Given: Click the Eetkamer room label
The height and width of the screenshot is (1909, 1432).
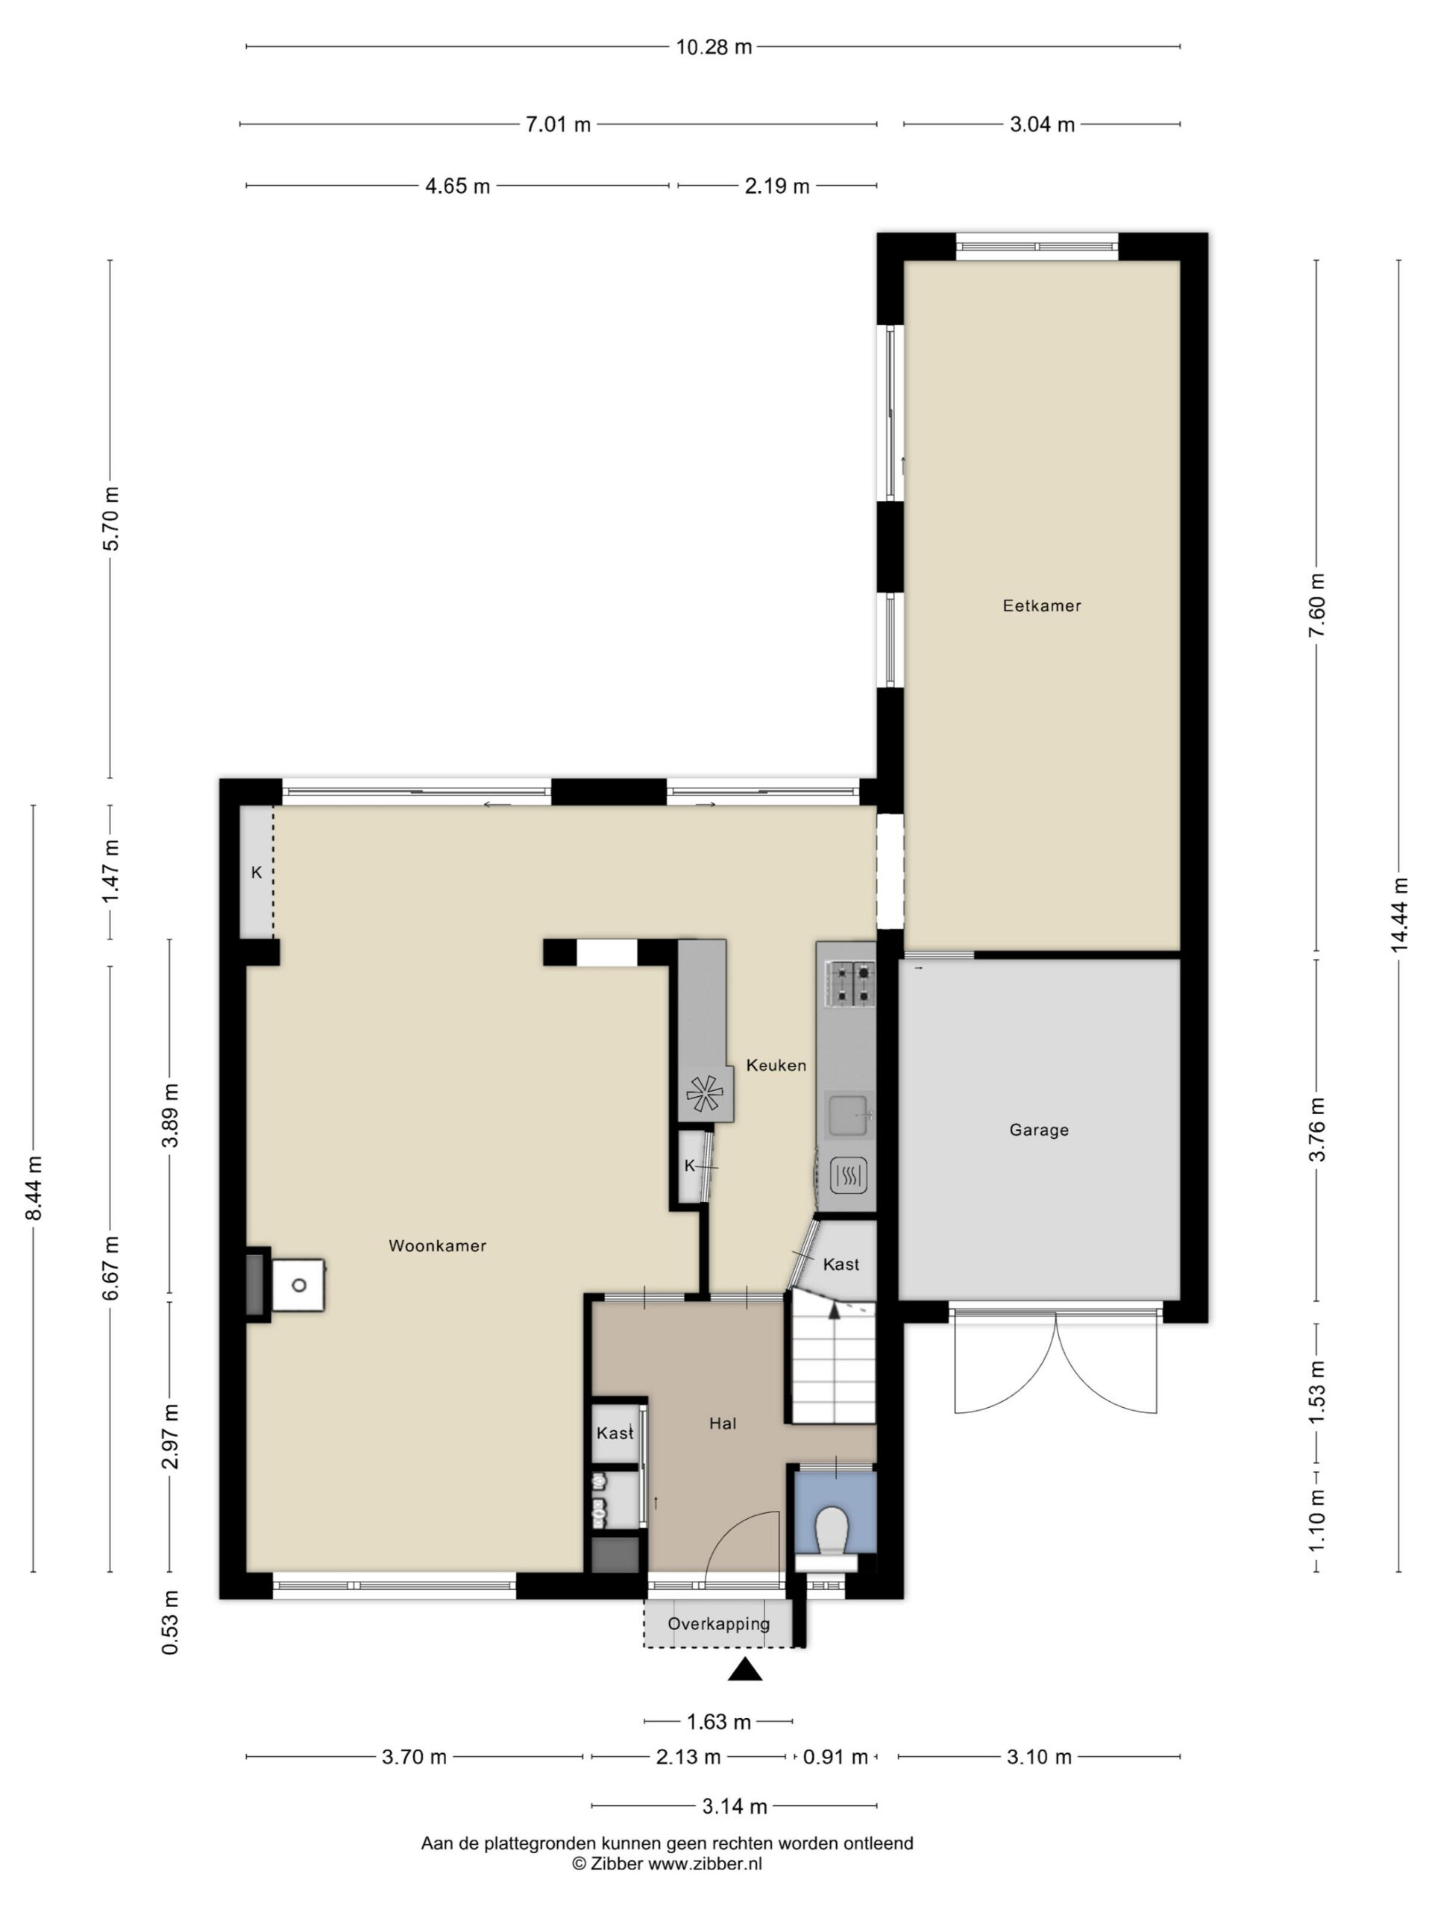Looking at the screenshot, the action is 1041,606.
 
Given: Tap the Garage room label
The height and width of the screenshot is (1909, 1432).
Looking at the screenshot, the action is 1038,1130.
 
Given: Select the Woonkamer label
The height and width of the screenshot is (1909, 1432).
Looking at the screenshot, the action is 437,1245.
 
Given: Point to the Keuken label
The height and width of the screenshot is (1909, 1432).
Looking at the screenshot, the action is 776,1065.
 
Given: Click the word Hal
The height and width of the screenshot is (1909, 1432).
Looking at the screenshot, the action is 723,1423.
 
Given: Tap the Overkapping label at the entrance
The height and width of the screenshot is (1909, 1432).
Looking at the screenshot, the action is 718,1623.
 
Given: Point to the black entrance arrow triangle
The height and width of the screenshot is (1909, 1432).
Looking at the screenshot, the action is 745,1670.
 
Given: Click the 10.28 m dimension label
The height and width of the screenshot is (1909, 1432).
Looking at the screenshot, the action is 713,46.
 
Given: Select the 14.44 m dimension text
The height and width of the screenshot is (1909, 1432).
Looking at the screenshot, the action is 1398,915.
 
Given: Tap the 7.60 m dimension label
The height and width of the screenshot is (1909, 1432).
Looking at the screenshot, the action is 1316,604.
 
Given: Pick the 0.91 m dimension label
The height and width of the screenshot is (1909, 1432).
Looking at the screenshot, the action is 835,1756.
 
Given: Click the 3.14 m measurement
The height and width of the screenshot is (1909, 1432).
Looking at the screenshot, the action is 735,1805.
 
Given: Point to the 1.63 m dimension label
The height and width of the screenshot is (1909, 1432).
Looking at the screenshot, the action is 718,1722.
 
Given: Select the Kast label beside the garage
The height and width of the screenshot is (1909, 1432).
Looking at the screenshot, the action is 841,1264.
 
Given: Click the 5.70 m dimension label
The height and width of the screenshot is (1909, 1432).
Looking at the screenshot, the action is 110,519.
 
